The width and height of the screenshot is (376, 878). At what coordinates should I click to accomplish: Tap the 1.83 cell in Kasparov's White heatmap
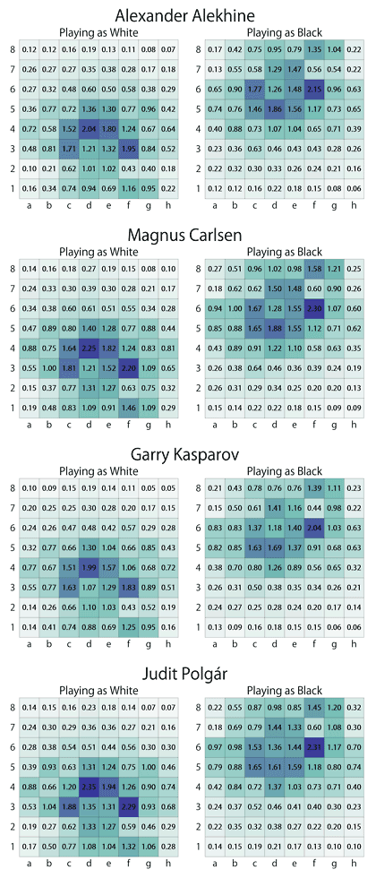coord(132,586)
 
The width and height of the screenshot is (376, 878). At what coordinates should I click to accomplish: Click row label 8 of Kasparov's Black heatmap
coord(199,486)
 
